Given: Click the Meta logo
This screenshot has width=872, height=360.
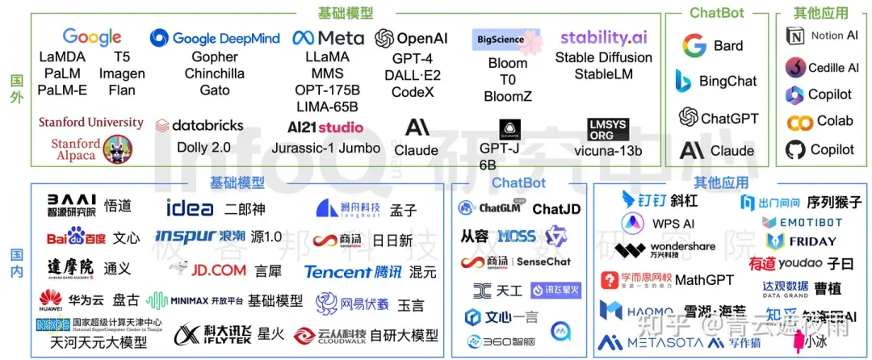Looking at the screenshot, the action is [x=328, y=38].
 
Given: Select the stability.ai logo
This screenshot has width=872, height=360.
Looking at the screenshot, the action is [x=603, y=37].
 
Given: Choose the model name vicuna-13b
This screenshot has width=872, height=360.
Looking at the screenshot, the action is [x=608, y=151].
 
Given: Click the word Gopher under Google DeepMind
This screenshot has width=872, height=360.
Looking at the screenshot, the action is [x=214, y=57].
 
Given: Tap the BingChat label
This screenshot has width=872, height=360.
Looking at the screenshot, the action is [x=727, y=82].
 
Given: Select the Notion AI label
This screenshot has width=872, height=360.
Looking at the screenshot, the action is [x=834, y=36].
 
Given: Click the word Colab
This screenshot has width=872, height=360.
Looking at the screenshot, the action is [x=835, y=121].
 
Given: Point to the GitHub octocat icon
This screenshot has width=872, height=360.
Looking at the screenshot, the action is [x=796, y=149].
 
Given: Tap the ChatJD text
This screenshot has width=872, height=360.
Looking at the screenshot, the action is [x=555, y=209].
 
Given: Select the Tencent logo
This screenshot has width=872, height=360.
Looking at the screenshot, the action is [x=353, y=271].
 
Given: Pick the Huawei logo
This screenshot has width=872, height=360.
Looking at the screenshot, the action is [x=51, y=300].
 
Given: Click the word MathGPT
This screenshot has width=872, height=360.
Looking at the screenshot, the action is [x=704, y=280].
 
